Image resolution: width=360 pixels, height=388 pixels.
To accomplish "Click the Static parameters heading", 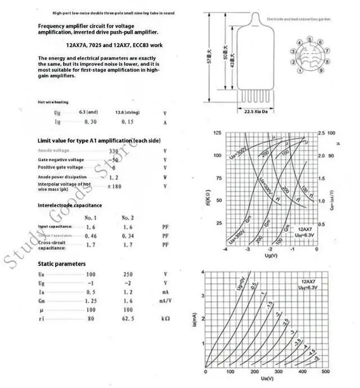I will [x=62, y=264].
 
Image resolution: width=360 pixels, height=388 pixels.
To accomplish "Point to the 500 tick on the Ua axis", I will [x=325, y=373].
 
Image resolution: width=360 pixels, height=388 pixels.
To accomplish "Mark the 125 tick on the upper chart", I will [x=217, y=133].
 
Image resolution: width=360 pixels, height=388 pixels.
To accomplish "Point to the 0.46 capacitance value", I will [x=91, y=236].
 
